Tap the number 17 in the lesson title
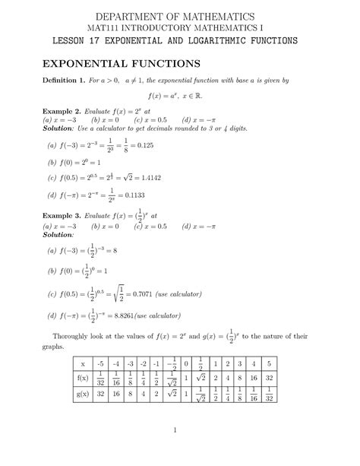pos(111,40)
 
